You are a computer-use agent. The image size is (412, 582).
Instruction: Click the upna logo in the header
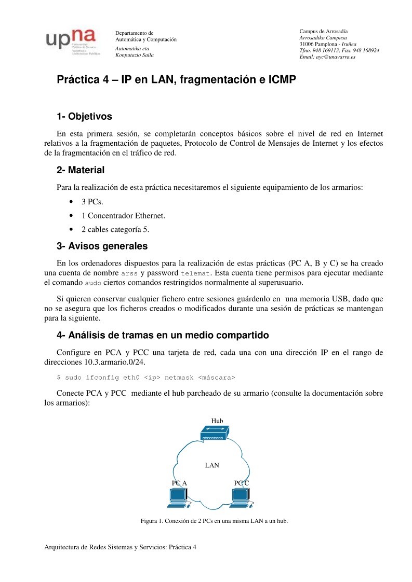click(x=72, y=41)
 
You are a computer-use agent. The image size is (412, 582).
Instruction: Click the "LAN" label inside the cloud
click(x=212, y=465)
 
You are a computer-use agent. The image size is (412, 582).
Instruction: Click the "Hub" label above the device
click(x=217, y=420)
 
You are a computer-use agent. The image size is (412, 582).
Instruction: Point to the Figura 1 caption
click(x=214, y=521)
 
